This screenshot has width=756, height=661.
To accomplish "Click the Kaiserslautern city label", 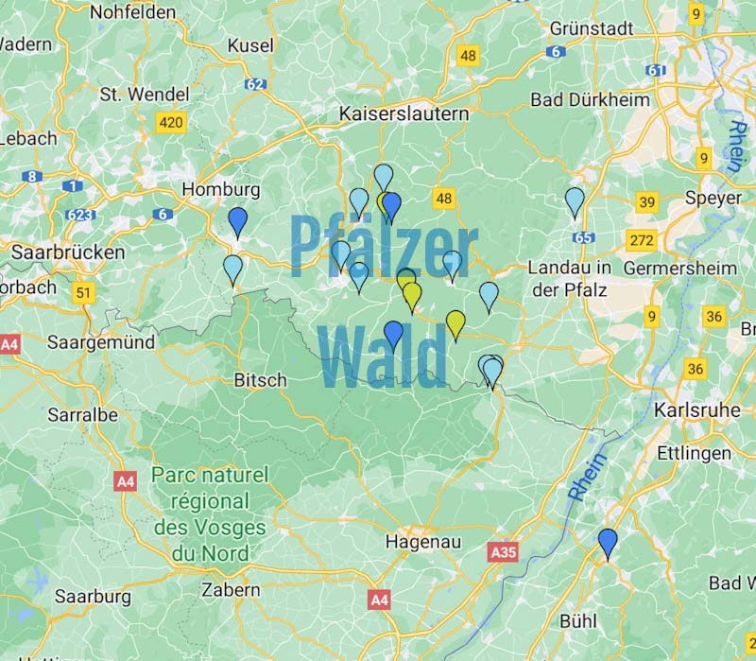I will [404, 113].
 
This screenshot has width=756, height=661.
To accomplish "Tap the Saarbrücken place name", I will [67, 252].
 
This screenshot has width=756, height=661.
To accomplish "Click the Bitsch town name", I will [259, 380].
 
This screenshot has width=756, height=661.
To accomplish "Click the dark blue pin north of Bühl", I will [608, 543].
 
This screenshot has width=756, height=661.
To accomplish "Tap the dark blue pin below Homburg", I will [238, 221].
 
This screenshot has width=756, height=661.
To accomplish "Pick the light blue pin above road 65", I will [575, 201].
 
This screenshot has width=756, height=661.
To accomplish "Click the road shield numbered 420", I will [171, 123].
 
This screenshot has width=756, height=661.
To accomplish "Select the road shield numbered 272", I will [642, 240].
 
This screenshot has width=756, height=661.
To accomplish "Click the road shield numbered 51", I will [84, 293].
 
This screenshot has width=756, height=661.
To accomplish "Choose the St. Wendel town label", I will [138, 96].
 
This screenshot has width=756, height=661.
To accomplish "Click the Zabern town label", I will [231, 589].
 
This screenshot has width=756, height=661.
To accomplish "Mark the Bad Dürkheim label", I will [590, 99].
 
